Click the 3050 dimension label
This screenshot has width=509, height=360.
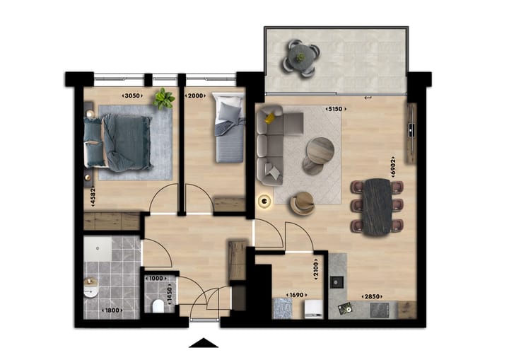(132, 95)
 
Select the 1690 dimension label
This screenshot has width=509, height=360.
(296, 295)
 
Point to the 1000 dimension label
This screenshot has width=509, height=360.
(156, 279)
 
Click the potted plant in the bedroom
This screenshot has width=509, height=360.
(165, 98)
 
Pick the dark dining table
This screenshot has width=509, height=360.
(378, 205)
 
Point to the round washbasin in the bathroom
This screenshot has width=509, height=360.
(90, 290)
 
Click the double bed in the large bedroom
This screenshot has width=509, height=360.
(120, 142)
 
